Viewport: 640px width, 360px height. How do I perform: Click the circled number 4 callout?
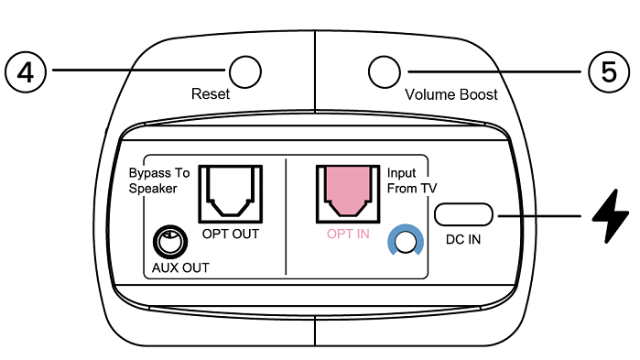pos(27,71)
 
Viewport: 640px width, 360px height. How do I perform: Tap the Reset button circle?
pos(244,71)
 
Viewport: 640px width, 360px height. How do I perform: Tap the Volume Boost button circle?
pos(384,71)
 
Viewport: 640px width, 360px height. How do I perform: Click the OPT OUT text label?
pos(230,235)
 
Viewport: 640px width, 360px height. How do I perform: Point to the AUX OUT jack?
pos(169,243)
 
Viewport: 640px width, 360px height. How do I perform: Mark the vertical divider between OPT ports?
pos(287,214)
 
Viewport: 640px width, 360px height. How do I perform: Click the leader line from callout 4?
pos(137,70)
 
